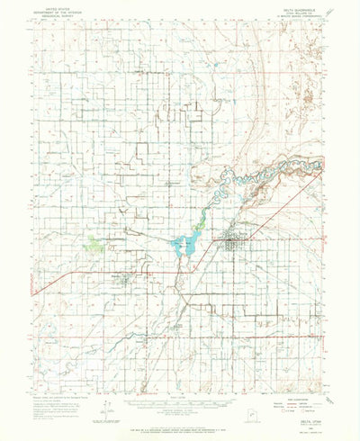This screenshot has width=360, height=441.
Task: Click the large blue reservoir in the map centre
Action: tap(184, 243)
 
